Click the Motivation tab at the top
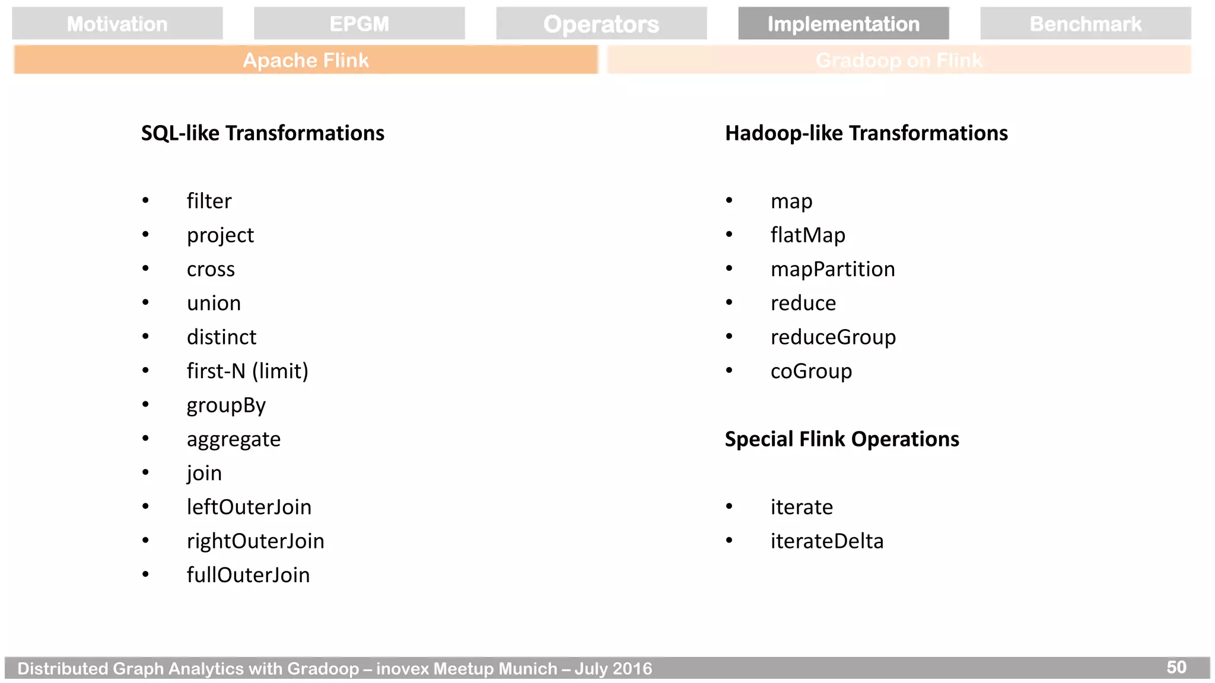click(x=117, y=24)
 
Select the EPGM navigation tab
click(x=360, y=24)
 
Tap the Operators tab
click(x=602, y=24)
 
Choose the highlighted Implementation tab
click(x=844, y=24)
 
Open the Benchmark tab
click(x=1086, y=24)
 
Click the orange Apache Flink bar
click(x=306, y=60)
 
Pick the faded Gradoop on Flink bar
click(x=899, y=60)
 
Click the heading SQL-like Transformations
click(x=263, y=133)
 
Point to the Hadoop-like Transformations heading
click(x=866, y=133)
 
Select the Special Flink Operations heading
click(x=842, y=439)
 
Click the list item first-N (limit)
click(x=247, y=371)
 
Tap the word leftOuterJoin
click(x=249, y=507)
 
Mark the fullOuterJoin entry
click(x=248, y=575)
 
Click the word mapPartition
click(x=832, y=269)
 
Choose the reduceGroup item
click(x=833, y=337)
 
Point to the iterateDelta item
click(x=827, y=541)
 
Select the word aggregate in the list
click(x=234, y=439)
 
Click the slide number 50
click(x=1176, y=668)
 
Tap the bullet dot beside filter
click(x=145, y=200)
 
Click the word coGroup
click(x=811, y=371)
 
